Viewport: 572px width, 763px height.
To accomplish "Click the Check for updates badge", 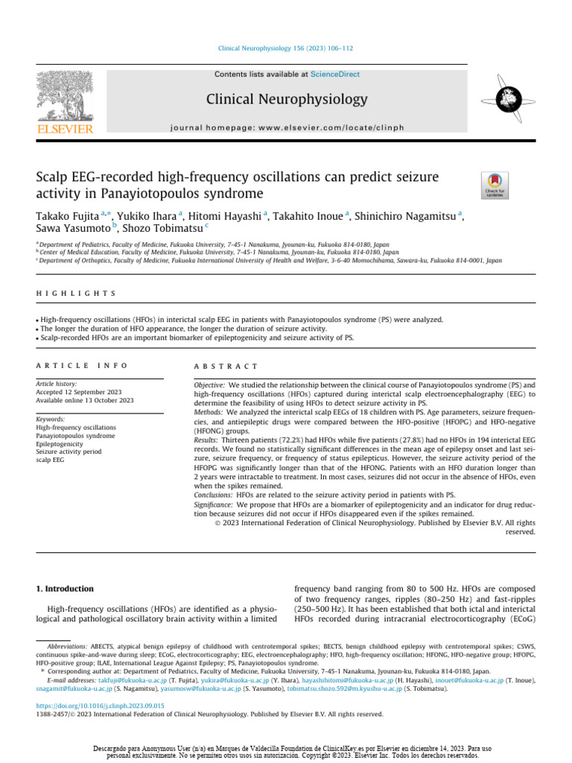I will point(495,185).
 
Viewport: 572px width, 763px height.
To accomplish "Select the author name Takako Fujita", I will point(69,216).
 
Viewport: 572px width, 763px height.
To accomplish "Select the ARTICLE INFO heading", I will point(82,366).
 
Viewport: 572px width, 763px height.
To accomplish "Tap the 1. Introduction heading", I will point(66,589).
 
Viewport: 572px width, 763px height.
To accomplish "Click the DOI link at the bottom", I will point(101,705).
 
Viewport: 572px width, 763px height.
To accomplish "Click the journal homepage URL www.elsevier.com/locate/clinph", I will point(340,127).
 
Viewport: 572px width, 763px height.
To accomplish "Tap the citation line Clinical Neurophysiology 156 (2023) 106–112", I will point(285,48).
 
